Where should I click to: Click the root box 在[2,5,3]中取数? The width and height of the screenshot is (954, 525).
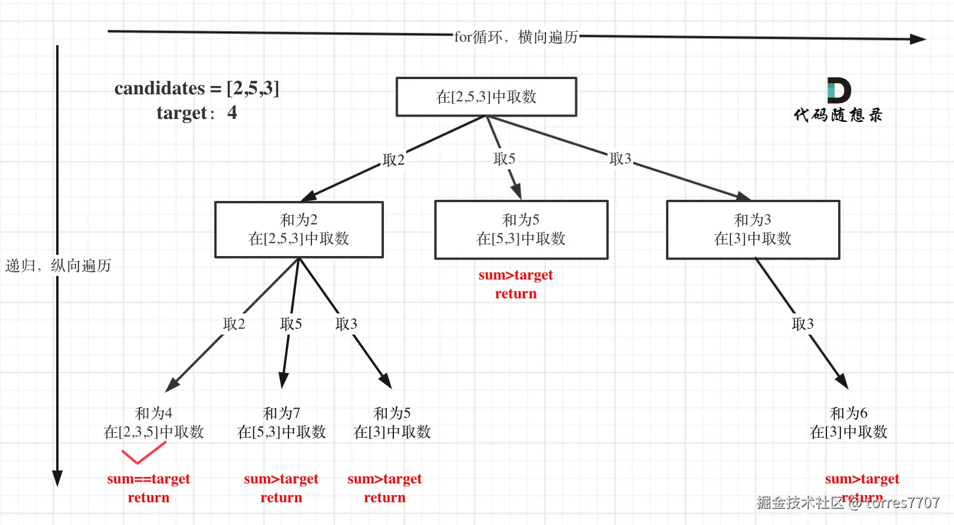click(x=486, y=97)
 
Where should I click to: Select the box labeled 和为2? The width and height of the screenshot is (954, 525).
click(x=298, y=229)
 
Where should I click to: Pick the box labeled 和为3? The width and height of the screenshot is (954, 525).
click(x=753, y=229)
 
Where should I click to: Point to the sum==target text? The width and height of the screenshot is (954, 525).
click(x=149, y=479)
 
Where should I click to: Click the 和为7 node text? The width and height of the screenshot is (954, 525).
click(x=282, y=414)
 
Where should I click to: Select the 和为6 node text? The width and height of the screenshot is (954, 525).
click(x=848, y=414)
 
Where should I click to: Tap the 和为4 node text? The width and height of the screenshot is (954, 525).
click(x=153, y=414)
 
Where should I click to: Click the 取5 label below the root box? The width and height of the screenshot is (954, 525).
click(x=504, y=159)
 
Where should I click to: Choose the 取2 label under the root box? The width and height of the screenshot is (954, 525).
click(x=393, y=160)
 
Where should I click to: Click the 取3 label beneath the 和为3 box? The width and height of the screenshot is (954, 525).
click(x=802, y=324)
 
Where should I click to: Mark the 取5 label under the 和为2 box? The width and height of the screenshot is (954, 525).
click(x=291, y=324)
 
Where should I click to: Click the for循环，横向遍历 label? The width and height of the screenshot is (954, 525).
click(x=516, y=37)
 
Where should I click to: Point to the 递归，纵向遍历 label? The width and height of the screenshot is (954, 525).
click(x=58, y=265)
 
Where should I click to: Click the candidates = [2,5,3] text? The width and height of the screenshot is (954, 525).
click(x=197, y=88)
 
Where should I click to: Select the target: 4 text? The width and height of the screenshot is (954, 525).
click(x=197, y=112)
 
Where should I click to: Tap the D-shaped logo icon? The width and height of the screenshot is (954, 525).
click(x=838, y=90)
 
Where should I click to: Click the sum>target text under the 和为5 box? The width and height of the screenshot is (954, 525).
click(x=515, y=275)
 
